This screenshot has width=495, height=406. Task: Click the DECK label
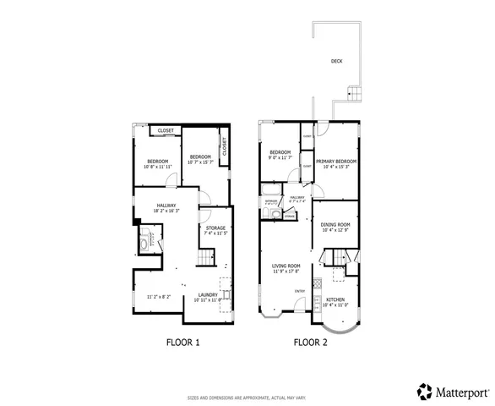[336, 61]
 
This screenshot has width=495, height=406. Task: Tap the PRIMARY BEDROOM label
[336, 162]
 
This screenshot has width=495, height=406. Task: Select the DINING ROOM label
[336, 224]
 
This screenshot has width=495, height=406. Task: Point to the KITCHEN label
[335, 299]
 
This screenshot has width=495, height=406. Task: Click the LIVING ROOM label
[286, 266]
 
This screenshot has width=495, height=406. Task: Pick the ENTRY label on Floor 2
[299, 291]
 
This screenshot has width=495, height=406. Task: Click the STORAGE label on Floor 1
[215, 227]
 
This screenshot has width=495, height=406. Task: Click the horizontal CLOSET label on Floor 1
[166, 131]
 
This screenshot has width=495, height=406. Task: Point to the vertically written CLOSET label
[225, 145]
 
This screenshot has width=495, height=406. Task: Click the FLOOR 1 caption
[182, 343]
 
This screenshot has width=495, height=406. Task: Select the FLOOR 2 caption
[310, 343]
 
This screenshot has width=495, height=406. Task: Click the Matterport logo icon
[425, 391]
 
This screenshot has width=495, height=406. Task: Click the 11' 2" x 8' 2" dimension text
[159, 297]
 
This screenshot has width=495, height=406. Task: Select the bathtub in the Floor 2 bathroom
[269, 215]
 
